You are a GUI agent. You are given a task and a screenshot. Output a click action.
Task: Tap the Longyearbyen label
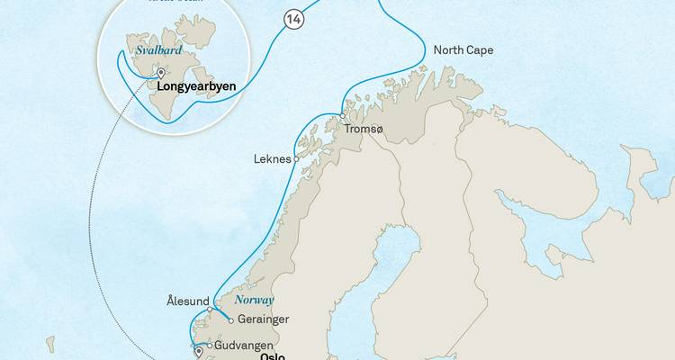click(x=196, y=88)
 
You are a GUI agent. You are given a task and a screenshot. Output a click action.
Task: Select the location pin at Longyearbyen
click(x=160, y=74)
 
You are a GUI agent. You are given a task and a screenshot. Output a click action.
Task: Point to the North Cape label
click(x=463, y=50)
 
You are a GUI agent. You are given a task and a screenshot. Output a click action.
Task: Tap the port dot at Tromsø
click(x=342, y=115)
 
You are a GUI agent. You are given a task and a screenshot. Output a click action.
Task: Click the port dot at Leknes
click(x=296, y=159)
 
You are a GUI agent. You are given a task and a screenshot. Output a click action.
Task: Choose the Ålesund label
click(x=188, y=301)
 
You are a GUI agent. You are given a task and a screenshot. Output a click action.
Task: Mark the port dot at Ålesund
click(x=211, y=310)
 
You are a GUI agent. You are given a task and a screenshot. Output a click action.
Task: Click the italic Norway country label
click(x=254, y=300)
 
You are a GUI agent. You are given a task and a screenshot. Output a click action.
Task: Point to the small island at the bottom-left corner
click(x=50, y=345)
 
